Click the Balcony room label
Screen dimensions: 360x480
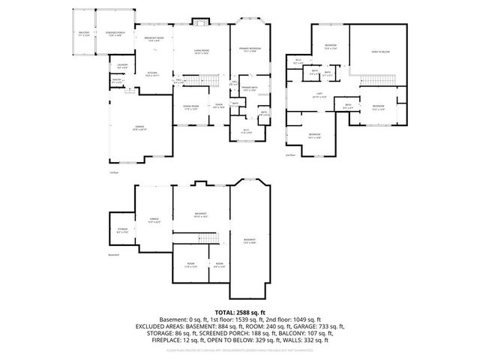point(84,34)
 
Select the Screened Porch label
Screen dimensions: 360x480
point(114,34)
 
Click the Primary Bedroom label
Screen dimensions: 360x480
point(249,50)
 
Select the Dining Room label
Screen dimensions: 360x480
point(190,108)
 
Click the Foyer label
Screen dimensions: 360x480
point(218,105)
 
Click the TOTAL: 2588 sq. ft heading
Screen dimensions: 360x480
point(240,311)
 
